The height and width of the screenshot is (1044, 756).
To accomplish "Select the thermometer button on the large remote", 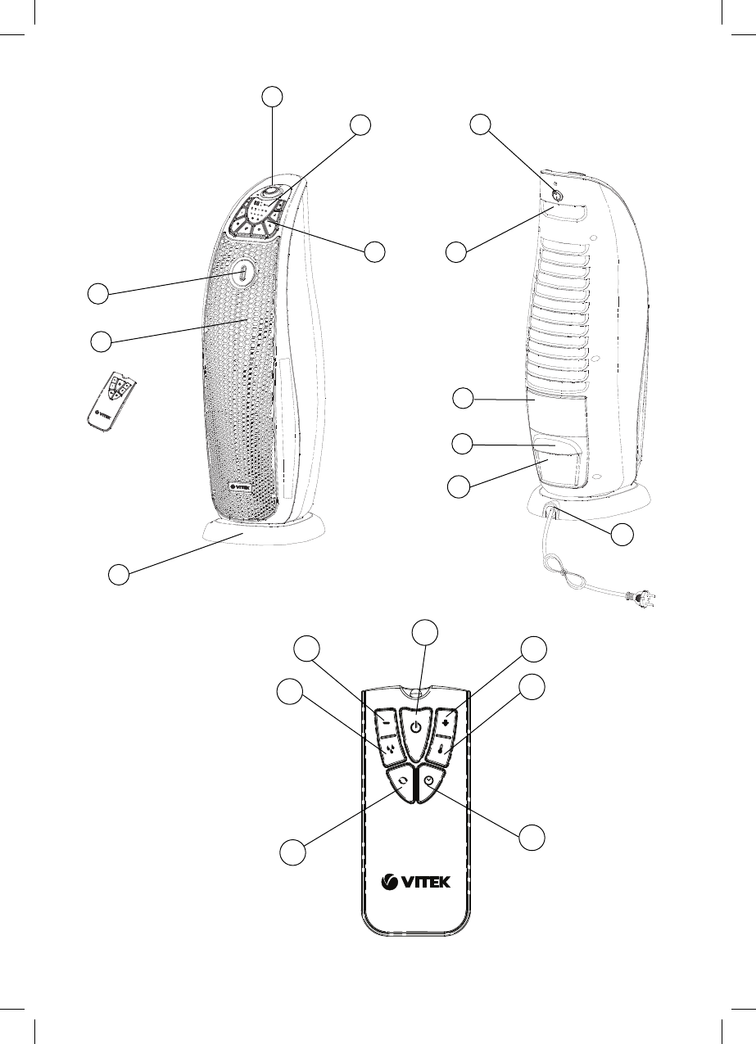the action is tap(446, 747).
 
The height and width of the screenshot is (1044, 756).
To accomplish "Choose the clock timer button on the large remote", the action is tap(429, 783).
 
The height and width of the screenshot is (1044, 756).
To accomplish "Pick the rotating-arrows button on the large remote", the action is tap(401, 782).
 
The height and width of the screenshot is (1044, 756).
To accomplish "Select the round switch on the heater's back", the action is tap(556, 197).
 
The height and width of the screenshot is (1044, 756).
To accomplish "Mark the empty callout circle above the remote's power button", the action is tap(423, 632).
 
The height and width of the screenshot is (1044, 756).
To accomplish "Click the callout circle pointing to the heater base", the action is tap(120, 575).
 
